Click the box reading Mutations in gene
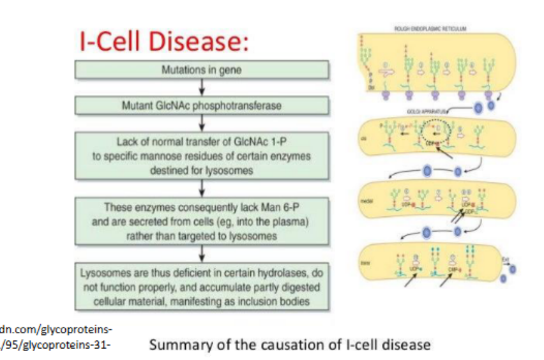point(203,71)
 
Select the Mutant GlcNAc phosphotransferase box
point(203,106)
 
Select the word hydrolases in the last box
point(277,273)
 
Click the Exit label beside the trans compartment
point(504,259)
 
